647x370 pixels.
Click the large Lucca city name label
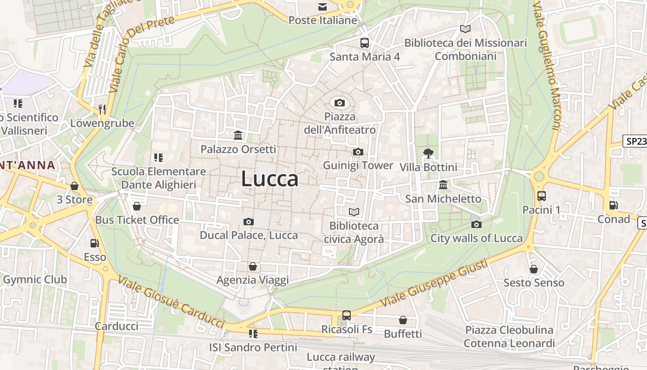coord(270,179)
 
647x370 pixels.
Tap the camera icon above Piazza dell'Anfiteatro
coord(340,103)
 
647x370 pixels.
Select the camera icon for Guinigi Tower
coord(358,152)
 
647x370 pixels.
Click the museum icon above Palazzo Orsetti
coord(238,135)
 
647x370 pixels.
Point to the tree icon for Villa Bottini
coord(428,153)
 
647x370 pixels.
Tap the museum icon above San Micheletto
coord(443,185)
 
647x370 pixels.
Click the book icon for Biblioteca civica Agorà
coord(354,212)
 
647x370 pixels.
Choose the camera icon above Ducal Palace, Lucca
coord(249,222)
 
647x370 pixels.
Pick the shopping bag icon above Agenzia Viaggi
coord(253,266)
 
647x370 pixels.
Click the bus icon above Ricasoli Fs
coord(347,315)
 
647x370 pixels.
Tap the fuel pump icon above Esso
coord(95,243)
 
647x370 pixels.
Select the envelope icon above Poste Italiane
coord(323,7)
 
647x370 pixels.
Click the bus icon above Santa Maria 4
coord(365,43)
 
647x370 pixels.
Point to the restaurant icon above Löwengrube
coord(102,110)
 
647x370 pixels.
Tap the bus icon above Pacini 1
coord(542,196)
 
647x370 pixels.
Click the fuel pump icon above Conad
coord(614,205)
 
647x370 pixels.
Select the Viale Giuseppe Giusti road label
coord(434,284)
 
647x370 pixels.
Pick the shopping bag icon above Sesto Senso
coord(534,269)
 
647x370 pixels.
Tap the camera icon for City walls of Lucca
coord(476,225)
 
